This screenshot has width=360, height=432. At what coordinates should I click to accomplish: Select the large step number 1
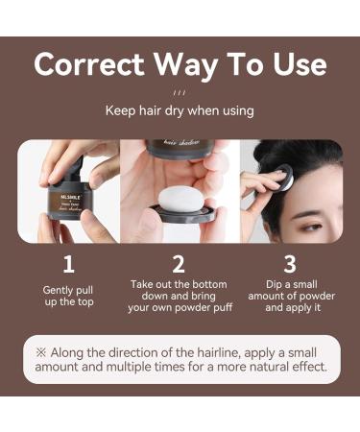pos(68,264)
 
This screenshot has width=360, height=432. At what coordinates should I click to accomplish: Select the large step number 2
pos(179,264)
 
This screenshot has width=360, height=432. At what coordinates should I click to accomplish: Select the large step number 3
pos(289,264)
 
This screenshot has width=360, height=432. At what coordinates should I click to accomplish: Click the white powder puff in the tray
pos(179,201)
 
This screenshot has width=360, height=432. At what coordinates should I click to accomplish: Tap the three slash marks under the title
pos(180,93)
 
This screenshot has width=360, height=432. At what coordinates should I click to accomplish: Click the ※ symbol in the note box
pos(42,351)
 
